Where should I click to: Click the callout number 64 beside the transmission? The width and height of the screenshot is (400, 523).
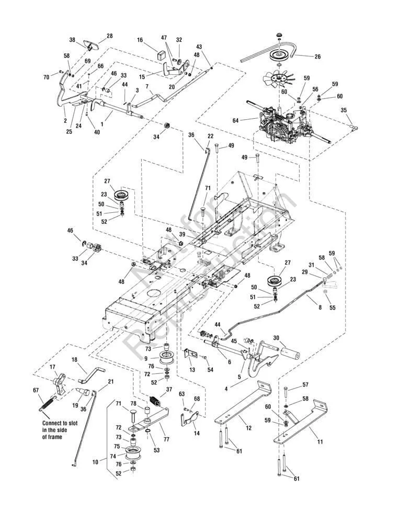(236, 120)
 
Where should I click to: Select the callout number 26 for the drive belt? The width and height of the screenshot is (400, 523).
(318, 56)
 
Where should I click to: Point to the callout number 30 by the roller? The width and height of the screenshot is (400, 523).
(276, 337)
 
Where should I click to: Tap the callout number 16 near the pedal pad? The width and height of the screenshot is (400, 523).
(140, 40)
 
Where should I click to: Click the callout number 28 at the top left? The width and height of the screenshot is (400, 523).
(109, 36)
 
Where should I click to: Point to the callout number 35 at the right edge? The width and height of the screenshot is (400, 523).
(344, 110)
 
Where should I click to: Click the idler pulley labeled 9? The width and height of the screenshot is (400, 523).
(165, 358)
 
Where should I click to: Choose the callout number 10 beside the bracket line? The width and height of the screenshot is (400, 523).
(95, 462)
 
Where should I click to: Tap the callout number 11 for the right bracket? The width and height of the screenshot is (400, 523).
(320, 442)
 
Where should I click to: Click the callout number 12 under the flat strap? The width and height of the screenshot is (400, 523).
(248, 428)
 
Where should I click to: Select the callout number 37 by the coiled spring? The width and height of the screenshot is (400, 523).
(169, 389)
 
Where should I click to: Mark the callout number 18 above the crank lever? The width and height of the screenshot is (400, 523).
(74, 359)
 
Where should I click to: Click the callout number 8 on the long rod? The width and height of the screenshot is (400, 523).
(320, 308)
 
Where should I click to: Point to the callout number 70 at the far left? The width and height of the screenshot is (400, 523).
(46, 77)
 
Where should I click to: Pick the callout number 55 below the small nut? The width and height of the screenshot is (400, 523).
(333, 308)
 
